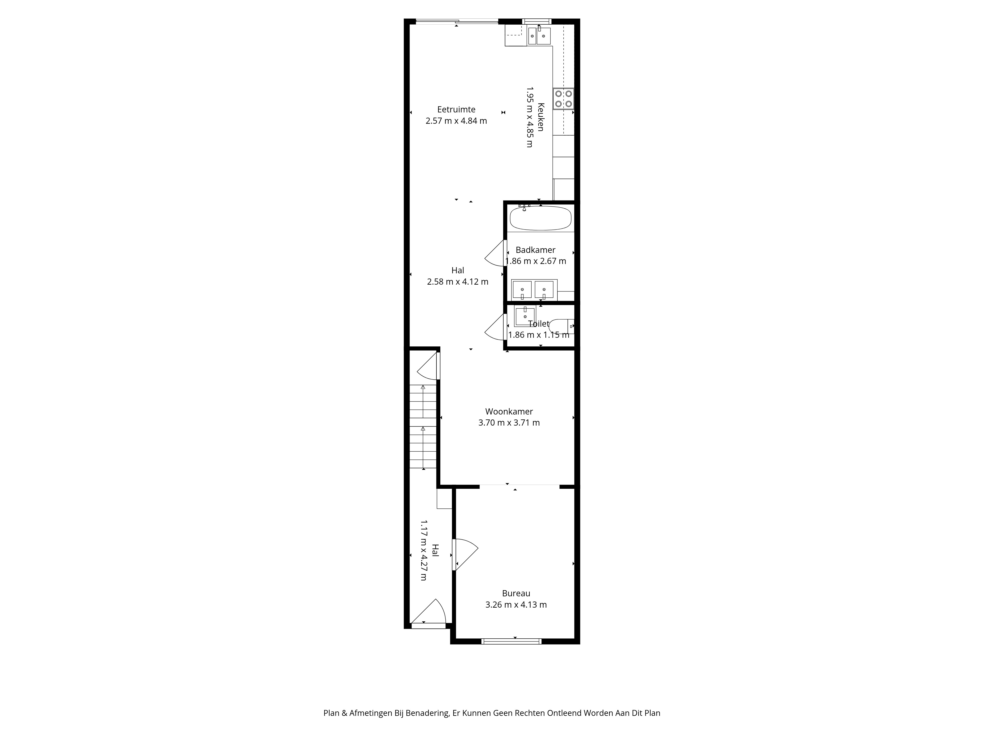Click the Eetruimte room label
(456, 109)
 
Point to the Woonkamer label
(509, 412)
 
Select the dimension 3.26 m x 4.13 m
(516, 605)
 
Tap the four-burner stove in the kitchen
(563, 99)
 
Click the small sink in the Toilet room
(525, 316)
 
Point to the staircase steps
(423, 426)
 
